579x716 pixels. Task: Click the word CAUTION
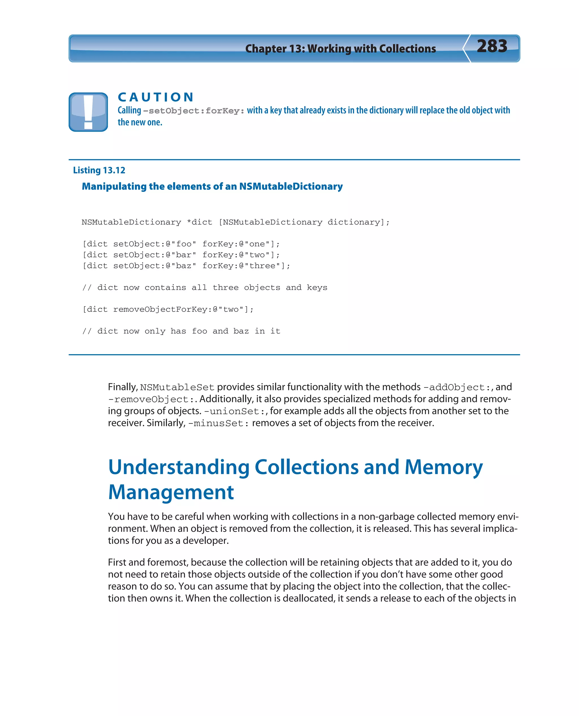(x=156, y=97)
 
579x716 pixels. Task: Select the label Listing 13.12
(x=99, y=170)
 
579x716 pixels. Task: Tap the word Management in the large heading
(x=171, y=492)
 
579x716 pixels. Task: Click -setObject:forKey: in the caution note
(x=194, y=111)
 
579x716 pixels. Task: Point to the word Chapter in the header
(x=265, y=49)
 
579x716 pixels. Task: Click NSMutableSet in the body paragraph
(x=177, y=388)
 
